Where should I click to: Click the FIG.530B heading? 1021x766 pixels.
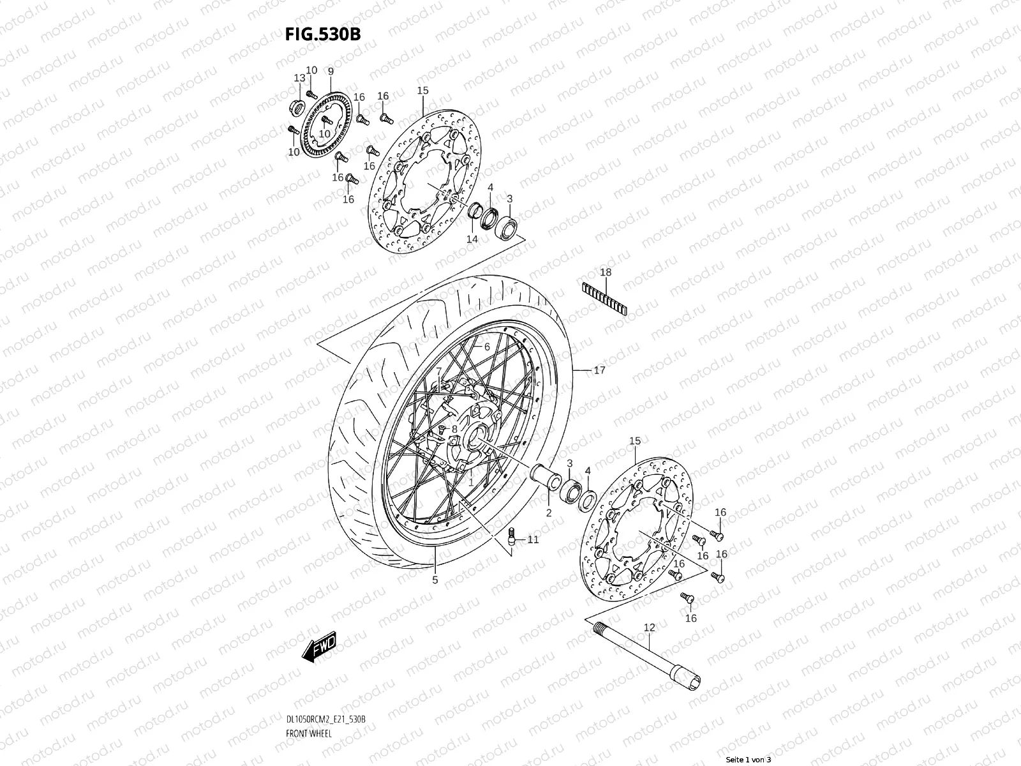tap(322, 34)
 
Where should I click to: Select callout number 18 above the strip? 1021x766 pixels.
tap(606, 273)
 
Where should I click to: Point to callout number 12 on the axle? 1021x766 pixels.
tap(649, 628)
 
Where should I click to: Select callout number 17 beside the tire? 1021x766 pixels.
tap(599, 370)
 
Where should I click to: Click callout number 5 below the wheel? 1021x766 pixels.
tap(435, 580)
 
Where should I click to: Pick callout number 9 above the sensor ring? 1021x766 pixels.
tap(331, 71)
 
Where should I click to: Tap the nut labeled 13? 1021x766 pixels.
tap(297, 105)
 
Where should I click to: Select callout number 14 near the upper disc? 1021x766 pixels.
tap(472, 239)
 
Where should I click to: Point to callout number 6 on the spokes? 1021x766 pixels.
tap(486, 347)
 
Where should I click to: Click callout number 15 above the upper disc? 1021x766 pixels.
tap(423, 91)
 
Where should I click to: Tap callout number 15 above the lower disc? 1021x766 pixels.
tap(634, 442)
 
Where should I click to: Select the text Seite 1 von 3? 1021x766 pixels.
tap(749, 760)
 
